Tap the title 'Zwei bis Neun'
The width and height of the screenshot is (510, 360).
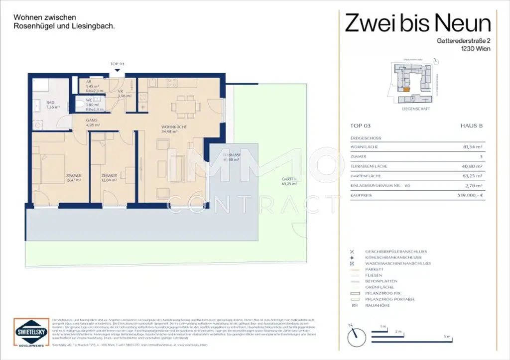(x=418, y=22)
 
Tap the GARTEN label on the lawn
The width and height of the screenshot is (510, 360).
(x=288, y=181)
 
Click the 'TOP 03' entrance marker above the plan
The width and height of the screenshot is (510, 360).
(x=118, y=64)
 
